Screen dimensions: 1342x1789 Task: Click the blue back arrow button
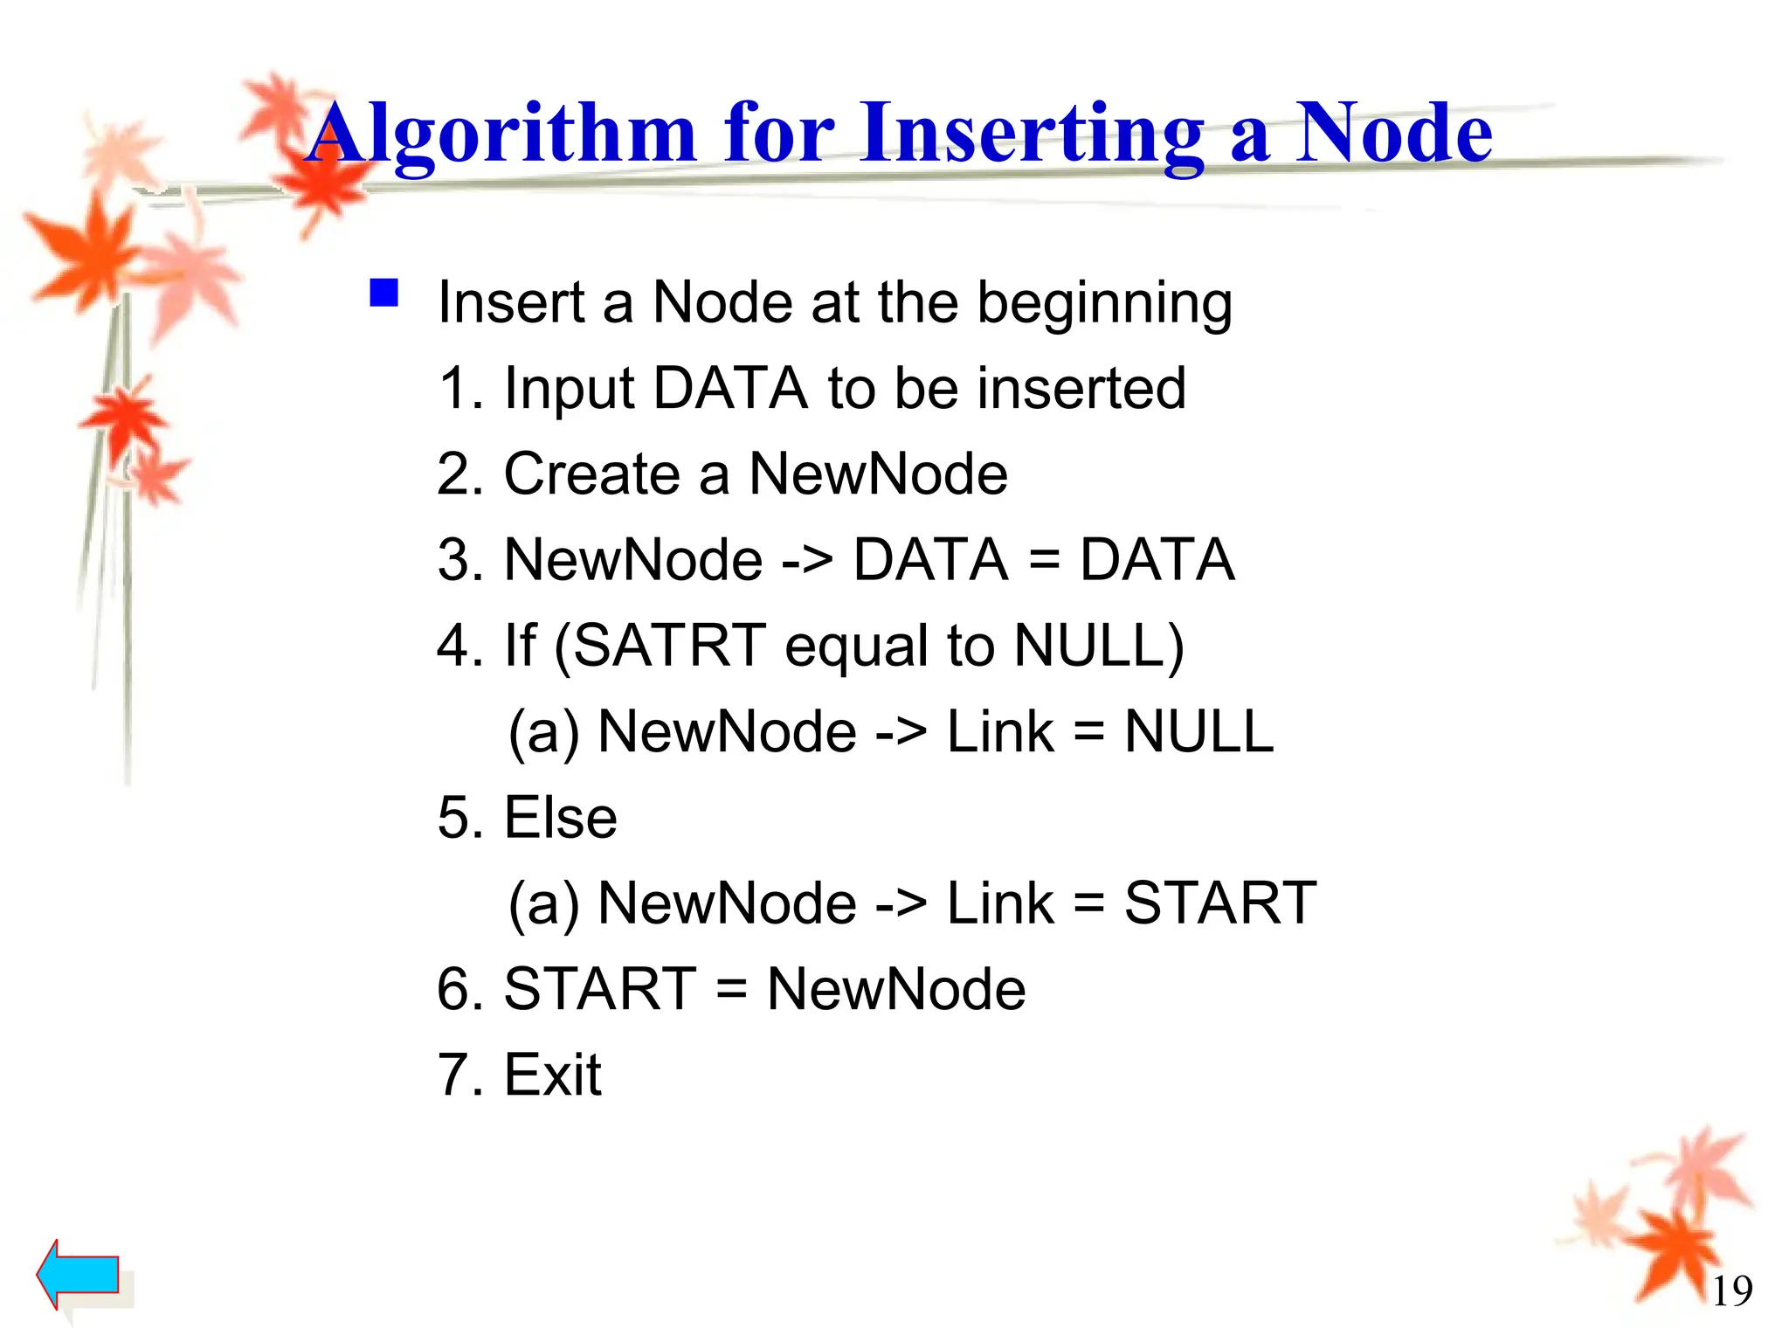(x=79, y=1274)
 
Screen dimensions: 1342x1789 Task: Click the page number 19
(x=1731, y=1291)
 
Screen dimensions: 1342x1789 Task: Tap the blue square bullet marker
(x=384, y=294)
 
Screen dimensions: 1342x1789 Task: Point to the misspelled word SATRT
(x=669, y=646)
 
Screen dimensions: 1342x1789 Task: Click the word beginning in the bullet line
(x=1104, y=302)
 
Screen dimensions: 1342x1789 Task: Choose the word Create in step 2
(x=591, y=474)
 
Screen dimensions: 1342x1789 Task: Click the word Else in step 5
(x=561, y=818)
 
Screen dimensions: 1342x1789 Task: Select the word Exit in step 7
(x=553, y=1075)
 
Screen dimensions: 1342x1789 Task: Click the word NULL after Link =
(x=1198, y=731)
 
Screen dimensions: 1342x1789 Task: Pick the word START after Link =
(x=1219, y=903)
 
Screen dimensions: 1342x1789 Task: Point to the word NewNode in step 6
(x=895, y=989)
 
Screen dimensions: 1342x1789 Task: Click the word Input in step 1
(x=568, y=390)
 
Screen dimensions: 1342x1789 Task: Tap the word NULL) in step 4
(x=1099, y=646)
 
